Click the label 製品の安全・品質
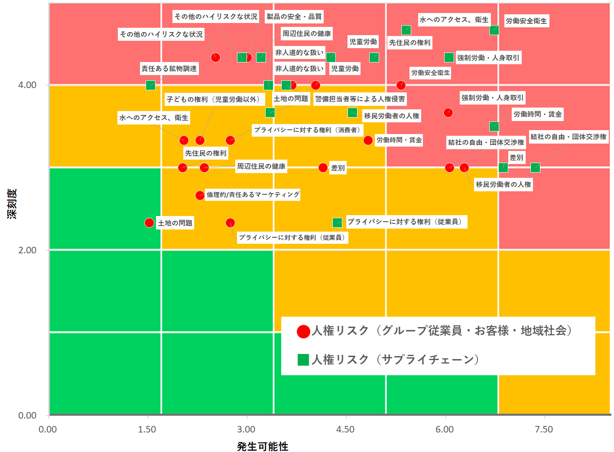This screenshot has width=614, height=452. click(x=294, y=16)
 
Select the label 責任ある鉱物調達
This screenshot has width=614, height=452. click(x=169, y=69)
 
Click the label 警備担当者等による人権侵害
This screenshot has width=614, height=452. click(x=360, y=99)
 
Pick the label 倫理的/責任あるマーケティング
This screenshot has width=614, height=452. click(x=253, y=194)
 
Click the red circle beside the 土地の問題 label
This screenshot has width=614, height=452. click(x=149, y=223)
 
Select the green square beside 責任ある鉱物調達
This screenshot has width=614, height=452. click(x=150, y=85)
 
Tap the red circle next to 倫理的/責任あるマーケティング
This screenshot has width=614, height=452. click(x=200, y=195)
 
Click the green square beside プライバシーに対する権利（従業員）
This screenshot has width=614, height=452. click(x=337, y=223)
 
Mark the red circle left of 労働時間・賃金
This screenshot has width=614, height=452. click(x=368, y=140)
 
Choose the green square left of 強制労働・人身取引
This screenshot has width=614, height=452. click(x=449, y=58)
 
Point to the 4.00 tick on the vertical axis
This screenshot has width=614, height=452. click(x=27, y=85)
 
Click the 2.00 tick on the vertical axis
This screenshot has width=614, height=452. click(x=27, y=250)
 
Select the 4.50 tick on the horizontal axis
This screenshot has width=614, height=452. click(x=345, y=429)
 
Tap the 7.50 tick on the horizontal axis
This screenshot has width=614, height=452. click(x=544, y=429)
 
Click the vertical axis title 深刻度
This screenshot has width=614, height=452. click(x=12, y=204)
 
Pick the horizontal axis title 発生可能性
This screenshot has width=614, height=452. click(x=263, y=446)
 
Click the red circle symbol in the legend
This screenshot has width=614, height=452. click(x=303, y=331)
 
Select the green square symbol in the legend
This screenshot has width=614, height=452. click(x=303, y=360)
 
